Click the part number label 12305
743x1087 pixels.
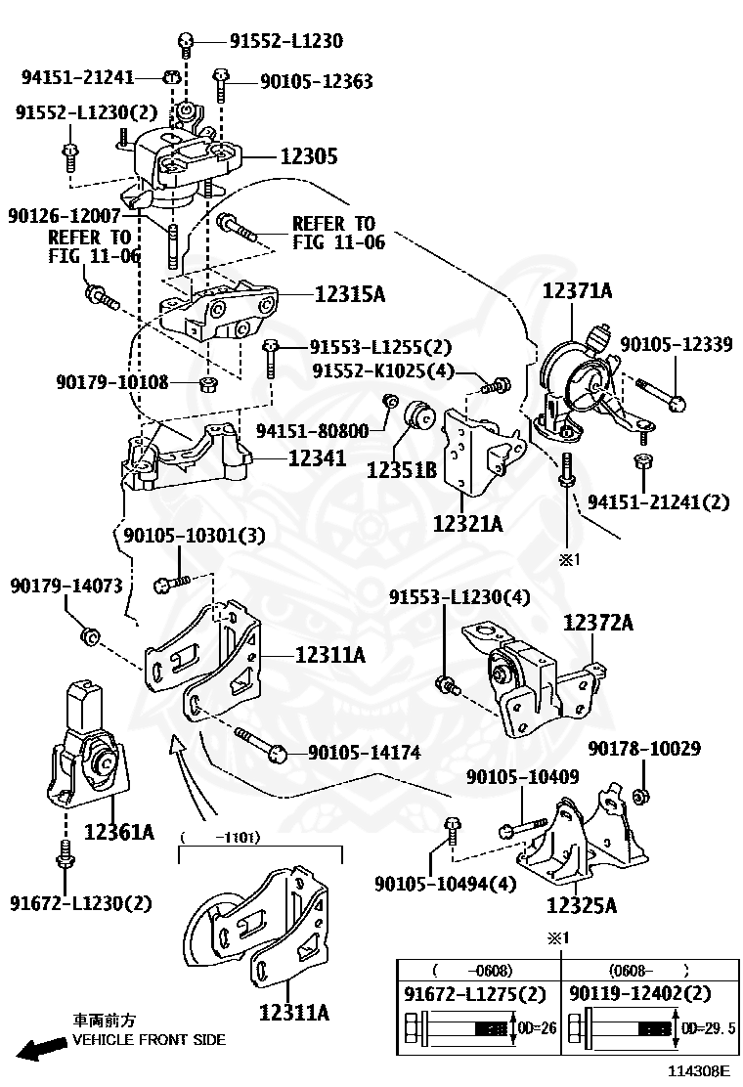pyautogui.click(x=309, y=156)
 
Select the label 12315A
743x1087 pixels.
pyautogui.click(x=350, y=292)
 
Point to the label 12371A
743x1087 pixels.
pyautogui.click(x=578, y=290)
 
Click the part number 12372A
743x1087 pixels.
pyautogui.click(x=598, y=623)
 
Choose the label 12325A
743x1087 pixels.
pyautogui.click(x=582, y=905)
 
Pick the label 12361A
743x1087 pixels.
pyautogui.click(x=119, y=832)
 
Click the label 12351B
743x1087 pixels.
pyautogui.click(x=401, y=470)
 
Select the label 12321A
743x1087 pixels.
pyautogui.click(x=468, y=524)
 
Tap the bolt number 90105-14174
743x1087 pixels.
pyautogui.click(x=364, y=753)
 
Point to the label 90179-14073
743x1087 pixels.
pyautogui.click(x=66, y=587)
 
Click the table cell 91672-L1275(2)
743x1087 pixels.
pyautogui.click(x=475, y=994)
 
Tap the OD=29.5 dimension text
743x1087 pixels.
pyautogui.click(x=708, y=1028)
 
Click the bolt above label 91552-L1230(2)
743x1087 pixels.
pyautogui.click(x=70, y=152)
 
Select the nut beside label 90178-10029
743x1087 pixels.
pyautogui.click(x=640, y=796)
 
